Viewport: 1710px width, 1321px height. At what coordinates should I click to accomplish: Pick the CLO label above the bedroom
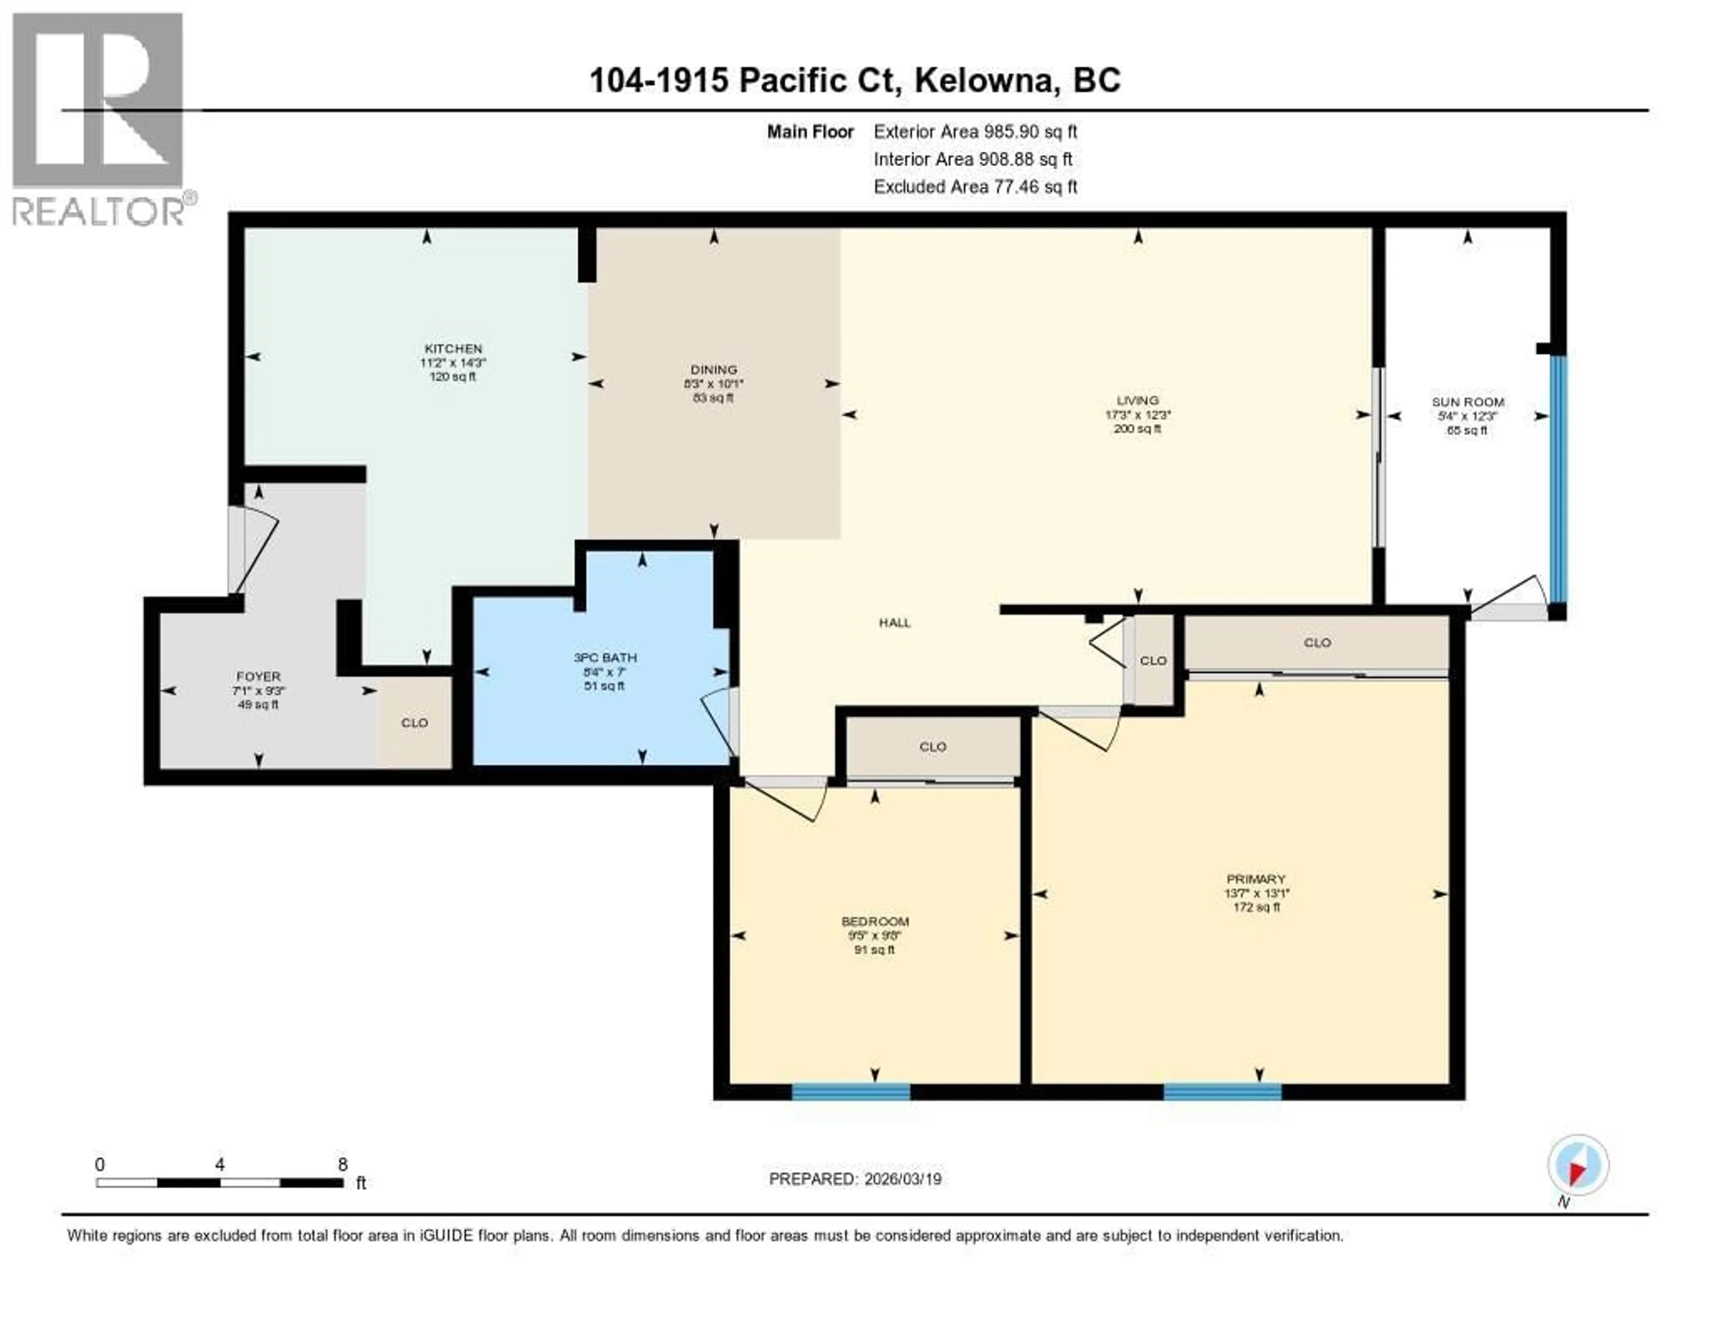point(932,747)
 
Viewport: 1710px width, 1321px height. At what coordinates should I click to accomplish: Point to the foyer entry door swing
point(254,552)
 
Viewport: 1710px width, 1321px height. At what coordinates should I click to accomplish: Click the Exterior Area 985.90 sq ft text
point(975,131)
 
